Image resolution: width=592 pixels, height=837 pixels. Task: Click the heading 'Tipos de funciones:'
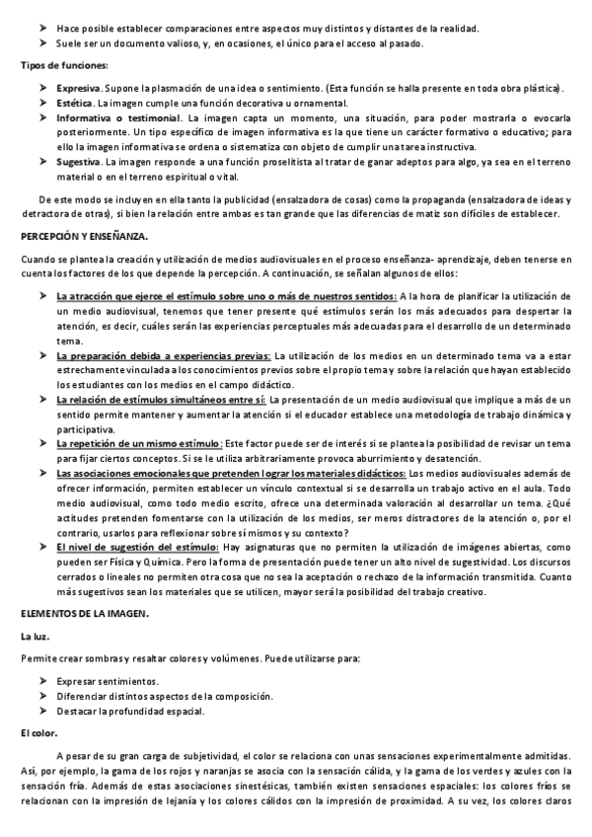[64, 65]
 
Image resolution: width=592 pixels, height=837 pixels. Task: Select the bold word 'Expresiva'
[80, 88]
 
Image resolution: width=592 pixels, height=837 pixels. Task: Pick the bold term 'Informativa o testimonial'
[119, 117]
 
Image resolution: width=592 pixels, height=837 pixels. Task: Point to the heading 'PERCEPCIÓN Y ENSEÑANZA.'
[84, 237]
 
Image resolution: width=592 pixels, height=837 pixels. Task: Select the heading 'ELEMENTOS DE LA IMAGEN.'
[84, 614]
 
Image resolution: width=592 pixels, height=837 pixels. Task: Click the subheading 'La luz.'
[37, 637]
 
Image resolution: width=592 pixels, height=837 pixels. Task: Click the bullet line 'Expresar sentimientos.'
[107, 681]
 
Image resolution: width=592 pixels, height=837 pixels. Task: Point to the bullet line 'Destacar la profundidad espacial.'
[131, 711]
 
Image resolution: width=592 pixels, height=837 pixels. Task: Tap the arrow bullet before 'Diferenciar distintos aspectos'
[44, 696]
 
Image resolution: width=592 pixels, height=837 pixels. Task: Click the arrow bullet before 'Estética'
[44, 103]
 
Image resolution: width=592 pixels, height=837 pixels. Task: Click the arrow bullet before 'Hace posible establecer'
[44, 29]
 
